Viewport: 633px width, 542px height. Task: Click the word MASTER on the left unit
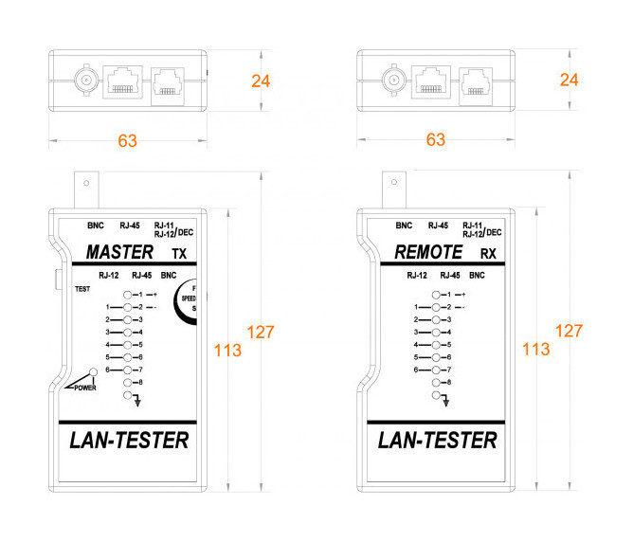118,253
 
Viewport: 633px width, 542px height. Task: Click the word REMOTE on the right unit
428,253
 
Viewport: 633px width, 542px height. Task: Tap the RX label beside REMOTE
488,254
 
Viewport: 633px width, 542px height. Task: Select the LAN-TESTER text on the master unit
128,441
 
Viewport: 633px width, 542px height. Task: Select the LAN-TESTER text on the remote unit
437,441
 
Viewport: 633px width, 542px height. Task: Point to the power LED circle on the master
93,372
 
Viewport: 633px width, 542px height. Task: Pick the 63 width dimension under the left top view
127,141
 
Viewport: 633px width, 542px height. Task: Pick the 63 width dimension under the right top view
436,141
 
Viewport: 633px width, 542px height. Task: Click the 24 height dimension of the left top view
261,81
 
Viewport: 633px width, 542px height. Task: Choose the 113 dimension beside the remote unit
535,349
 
